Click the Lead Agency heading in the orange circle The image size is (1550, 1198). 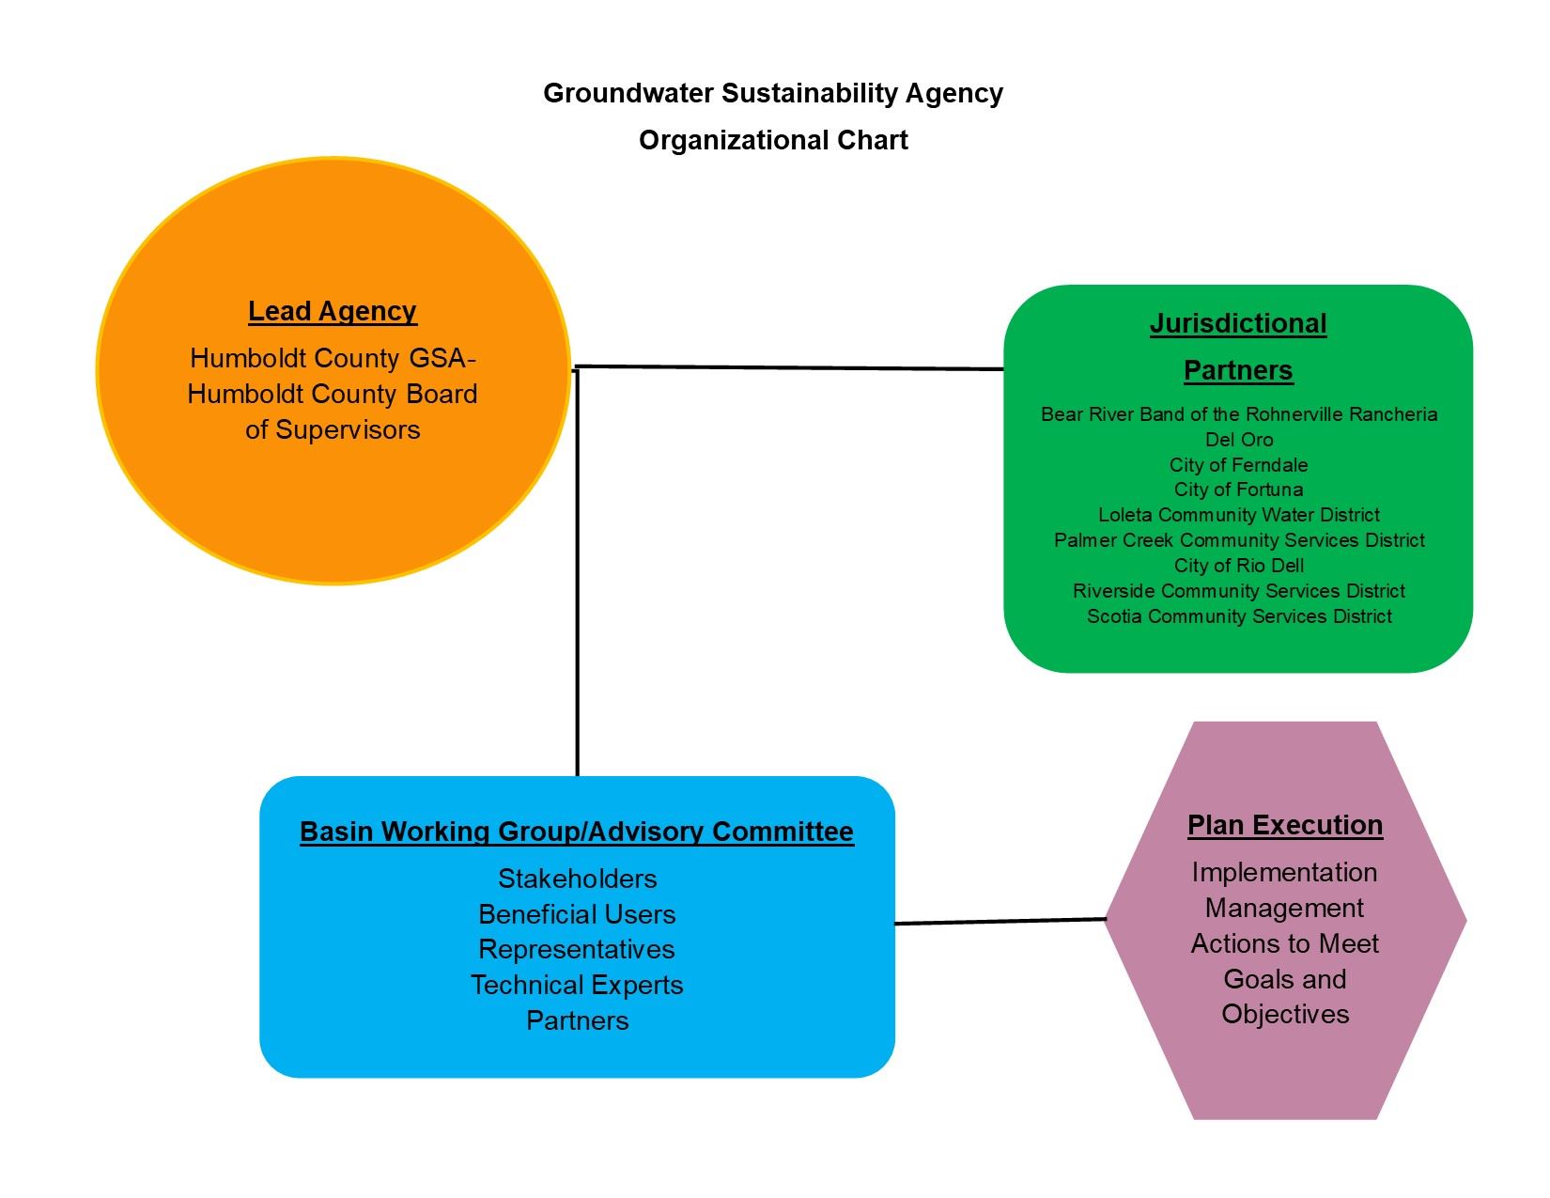pyautogui.click(x=332, y=311)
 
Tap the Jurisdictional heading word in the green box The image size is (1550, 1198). pyautogui.click(x=1238, y=323)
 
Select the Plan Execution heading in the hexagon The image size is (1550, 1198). pyautogui.click(x=1284, y=825)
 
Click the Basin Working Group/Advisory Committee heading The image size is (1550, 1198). pyautogui.click(x=576, y=832)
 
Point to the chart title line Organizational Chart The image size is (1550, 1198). pyautogui.click(x=773, y=140)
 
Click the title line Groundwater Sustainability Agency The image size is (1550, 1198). pyautogui.click(x=773, y=93)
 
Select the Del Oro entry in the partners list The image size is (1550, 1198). pyautogui.click(x=1238, y=440)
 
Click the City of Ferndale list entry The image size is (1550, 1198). pyautogui.click(x=1238, y=465)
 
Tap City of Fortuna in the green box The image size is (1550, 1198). pyautogui.click(x=1238, y=490)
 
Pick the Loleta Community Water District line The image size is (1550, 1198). pyautogui.click(x=1238, y=515)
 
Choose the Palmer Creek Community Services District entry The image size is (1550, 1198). pyautogui.click(x=1238, y=540)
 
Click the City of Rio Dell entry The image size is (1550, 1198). pyautogui.click(x=1238, y=566)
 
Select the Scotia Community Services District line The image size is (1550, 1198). pyautogui.click(x=1238, y=616)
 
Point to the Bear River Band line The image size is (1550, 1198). pyautogui.click(x=1238, y=414)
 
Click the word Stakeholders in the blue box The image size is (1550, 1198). pyautogui.click(x=577, y=879)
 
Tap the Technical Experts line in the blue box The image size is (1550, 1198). pyautogui.click(x=577, y=985)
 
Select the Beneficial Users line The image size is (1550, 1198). pyautogui.click(x=577, y=914)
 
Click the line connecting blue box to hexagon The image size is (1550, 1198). pyautogui.click(x=1000, y=922)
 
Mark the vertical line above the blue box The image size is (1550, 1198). pyautogui.click(x=577, y=573)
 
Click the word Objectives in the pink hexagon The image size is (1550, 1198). pyautogui.click(x=1284, y=1014)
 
